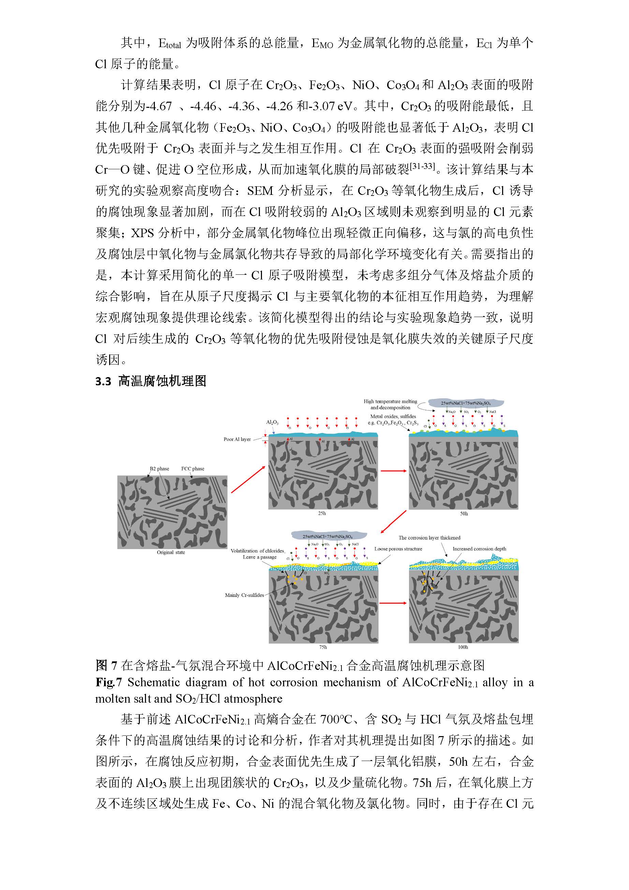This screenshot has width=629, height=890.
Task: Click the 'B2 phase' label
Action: pos(159,469)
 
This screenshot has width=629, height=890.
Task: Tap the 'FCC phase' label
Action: pos(193,469)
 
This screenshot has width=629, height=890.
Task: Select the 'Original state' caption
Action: pos(171,552)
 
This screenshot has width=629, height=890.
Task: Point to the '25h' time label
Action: pos(322,513)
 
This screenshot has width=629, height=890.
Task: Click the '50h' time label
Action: pos(464,514)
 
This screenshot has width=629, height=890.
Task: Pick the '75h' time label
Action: pos(323,647)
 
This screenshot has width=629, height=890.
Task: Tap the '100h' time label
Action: pos(463,647)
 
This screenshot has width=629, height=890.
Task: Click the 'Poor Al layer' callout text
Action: pos(237,439)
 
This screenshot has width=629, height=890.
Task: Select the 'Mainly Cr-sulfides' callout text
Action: pos(244,595)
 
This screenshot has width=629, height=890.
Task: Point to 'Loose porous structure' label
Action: pos(398,549)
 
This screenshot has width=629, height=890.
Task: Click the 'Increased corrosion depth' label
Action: pos(479,549)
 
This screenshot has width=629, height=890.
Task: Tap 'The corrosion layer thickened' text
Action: pos(429,537)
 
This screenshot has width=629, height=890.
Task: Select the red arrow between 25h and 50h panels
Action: pos(393,471)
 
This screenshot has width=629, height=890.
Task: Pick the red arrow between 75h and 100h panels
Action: pos(393,603)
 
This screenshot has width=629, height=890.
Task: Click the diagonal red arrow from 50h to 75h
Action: pos(393,522)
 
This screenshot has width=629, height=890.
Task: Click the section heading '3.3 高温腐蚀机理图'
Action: pos(151,381)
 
